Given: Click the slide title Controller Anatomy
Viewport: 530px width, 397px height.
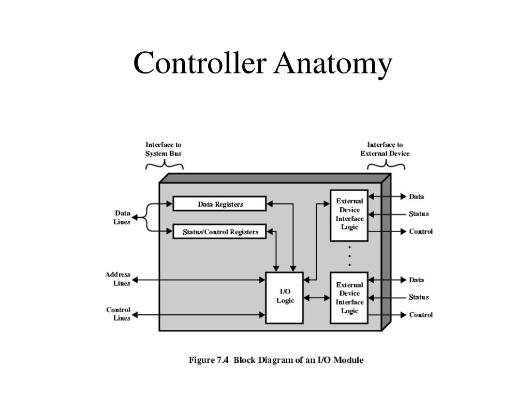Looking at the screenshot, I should [x=262, y=64].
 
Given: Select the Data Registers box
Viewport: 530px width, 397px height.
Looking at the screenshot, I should [x=219, y=204].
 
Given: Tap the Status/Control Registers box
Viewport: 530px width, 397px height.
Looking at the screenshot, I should [x=219, y=232].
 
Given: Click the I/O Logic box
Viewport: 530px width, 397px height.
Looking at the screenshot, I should [x=285, y=297].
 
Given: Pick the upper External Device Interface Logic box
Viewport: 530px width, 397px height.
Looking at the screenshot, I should [x=349, y=214].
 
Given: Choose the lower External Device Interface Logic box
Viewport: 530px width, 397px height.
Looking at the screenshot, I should [x=349, y=298].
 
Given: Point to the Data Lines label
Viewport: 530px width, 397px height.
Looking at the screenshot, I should [x=122, y=218].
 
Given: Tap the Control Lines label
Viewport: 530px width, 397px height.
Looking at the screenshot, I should [x=118, y=314].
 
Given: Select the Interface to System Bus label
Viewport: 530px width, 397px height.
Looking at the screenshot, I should [x=164, y=149].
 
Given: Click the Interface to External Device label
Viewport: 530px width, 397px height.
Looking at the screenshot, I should [x=385, y=149].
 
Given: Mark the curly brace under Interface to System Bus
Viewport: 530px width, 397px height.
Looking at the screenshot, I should [x=164, y=165].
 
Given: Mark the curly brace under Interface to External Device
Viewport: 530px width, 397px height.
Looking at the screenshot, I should [x=386, y=165].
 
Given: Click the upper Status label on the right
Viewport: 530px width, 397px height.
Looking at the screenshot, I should [x=419, y=214].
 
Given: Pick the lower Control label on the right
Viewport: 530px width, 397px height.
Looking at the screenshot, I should [x=421, y=315].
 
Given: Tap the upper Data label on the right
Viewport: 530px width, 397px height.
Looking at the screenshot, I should [x=417, y=196].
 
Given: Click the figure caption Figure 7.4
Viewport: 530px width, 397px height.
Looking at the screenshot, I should [x=275, y=360].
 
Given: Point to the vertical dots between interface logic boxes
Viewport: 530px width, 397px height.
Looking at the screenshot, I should [x=350, y=256].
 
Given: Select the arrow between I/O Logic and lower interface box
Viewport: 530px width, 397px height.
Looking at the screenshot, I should [x=317, y=297].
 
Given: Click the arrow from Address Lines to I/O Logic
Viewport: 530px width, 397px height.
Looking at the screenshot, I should [x=199, y=280].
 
